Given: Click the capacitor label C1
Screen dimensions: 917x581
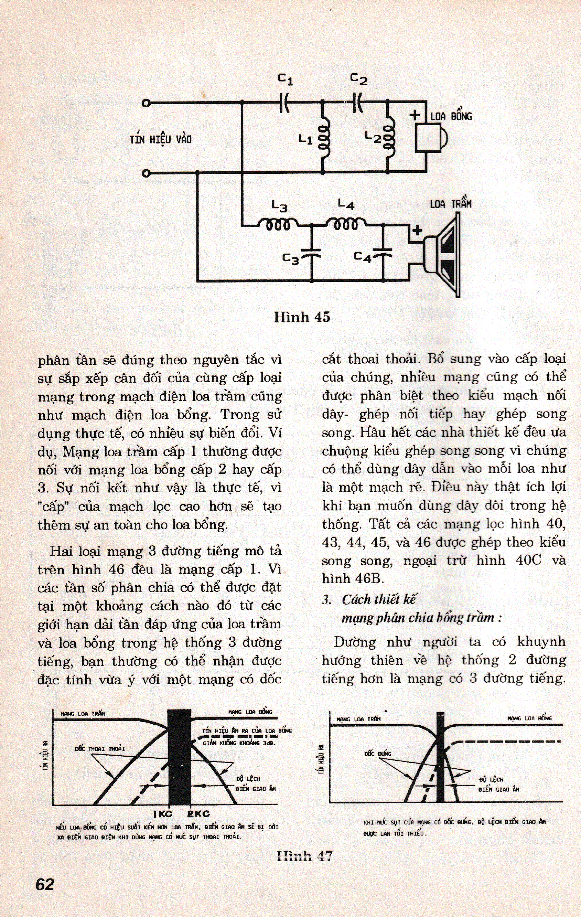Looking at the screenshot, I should [x=285, y=79].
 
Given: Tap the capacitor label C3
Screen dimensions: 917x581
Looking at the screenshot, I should [x=291, y=259].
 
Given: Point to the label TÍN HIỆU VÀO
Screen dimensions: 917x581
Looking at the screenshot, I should [x=161, y=139].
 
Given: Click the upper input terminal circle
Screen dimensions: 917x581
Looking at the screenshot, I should [x=146, y=103].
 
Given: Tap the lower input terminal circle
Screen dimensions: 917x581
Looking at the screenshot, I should [x=146, y=174].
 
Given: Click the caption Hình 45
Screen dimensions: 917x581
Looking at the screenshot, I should [x=302, y=317].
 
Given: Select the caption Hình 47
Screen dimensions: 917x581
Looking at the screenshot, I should [x=304, y=856].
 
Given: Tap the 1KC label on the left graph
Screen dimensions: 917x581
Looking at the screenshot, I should [x=163, y=814].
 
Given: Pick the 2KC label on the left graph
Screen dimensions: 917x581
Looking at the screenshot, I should [x=198, y=814].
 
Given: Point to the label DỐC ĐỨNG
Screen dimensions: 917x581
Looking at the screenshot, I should [x=377, y=753].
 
